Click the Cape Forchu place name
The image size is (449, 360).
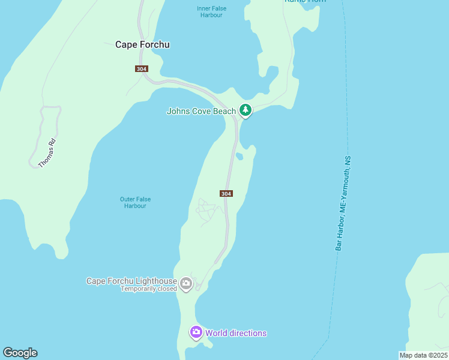(x=142, y=44)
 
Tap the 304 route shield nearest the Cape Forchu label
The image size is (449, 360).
(x=142, y=69)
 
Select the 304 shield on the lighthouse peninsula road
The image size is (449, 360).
(x=226, y=193)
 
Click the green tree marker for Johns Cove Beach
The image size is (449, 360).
(x=245, y=110)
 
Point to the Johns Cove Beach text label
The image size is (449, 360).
(x=201, y=111)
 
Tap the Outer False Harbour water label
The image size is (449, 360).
(x=135, y=203)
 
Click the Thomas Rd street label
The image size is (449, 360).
(x=47, y=153)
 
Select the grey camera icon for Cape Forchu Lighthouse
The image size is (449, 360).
(x=186, y=283)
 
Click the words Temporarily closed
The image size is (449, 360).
(x=149, y=289)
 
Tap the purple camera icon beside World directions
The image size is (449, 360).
(x=196, y=332)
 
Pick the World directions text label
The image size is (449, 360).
(x=236, y=333)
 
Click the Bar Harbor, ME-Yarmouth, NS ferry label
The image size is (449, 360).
(x=343, y=204)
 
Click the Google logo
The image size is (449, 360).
(x=20, y=353)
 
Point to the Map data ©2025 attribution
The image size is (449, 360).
(x=423, y=355)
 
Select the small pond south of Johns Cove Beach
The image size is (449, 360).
(x=240, y=157)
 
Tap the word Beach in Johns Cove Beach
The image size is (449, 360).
(x=224, y=111)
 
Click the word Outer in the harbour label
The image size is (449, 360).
(x=127, y=199)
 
